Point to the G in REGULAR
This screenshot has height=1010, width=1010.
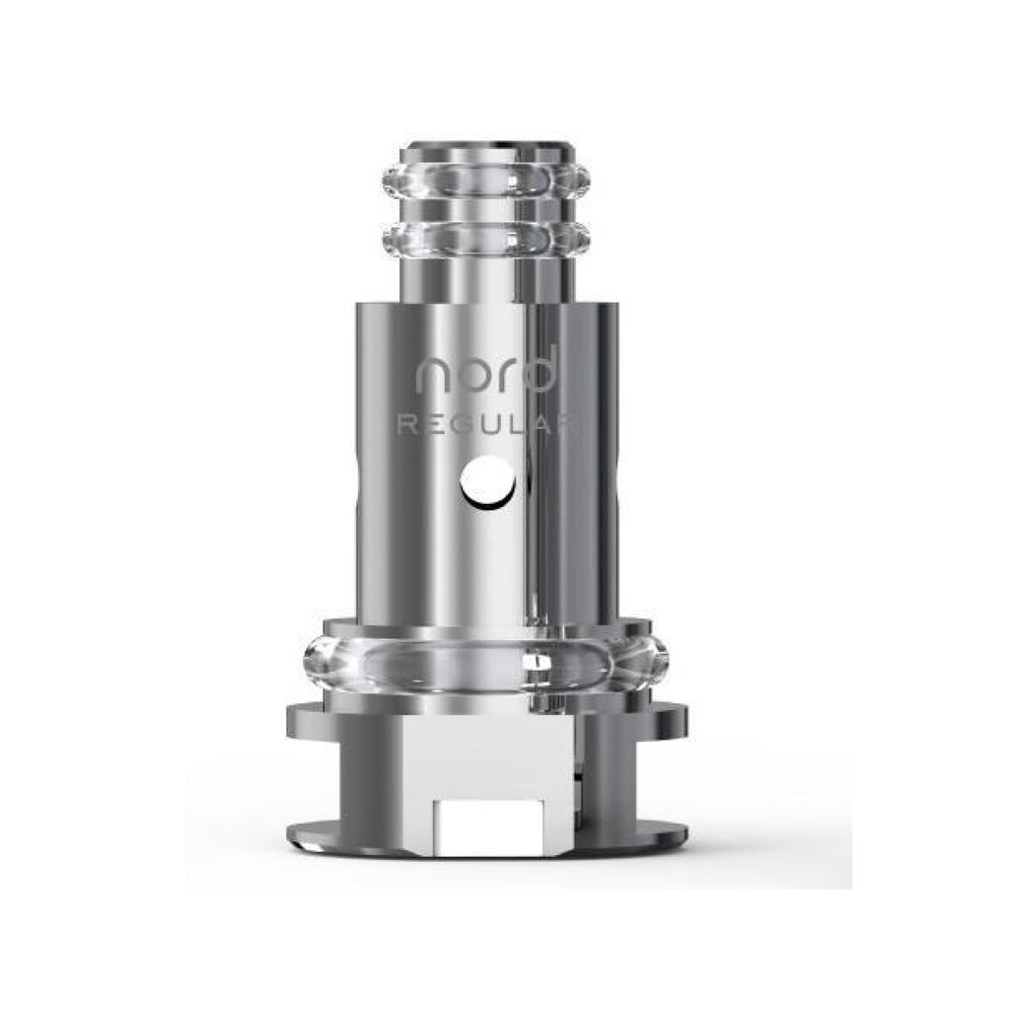click(461, 424)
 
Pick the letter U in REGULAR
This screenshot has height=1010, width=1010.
click(490, 424)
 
